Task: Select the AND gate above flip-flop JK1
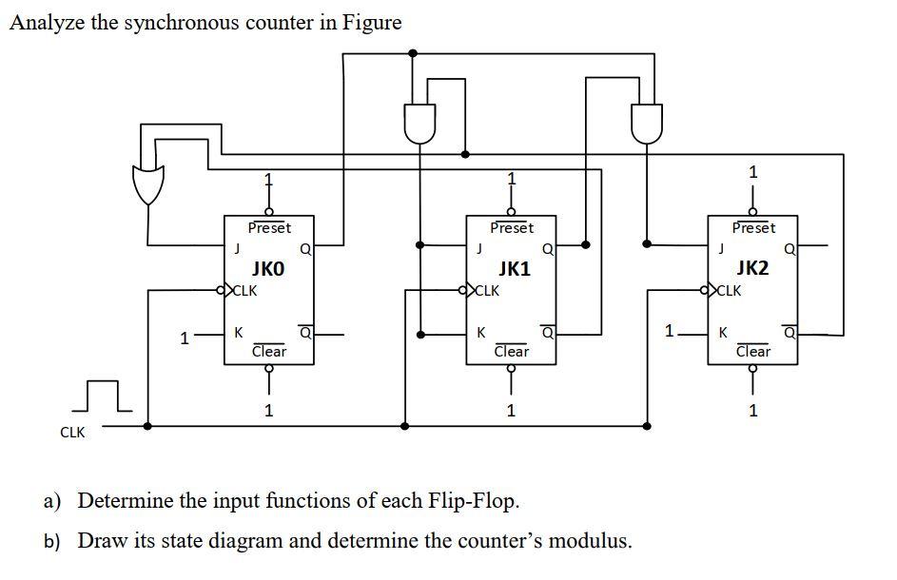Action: click(x=419, y=123)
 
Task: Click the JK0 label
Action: click(x=267, y=269)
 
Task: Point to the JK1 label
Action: click(x=513, y=269)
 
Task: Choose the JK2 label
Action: click(x=751, y=268)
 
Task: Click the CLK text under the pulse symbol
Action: click(x=72, y=432)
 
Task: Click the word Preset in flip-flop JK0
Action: click(x=269, y=228)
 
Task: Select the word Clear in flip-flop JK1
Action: click(x=512, y=351)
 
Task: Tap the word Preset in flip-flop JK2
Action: click(x=753, y=228)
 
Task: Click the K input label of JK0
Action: click(x=238, y=333)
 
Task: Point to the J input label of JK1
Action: click(x=479, y=249)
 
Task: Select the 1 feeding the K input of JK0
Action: click(x=185, y=336)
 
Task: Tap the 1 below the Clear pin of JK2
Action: click(x=753, y=411)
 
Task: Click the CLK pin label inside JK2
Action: click(x=729, y=291)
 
